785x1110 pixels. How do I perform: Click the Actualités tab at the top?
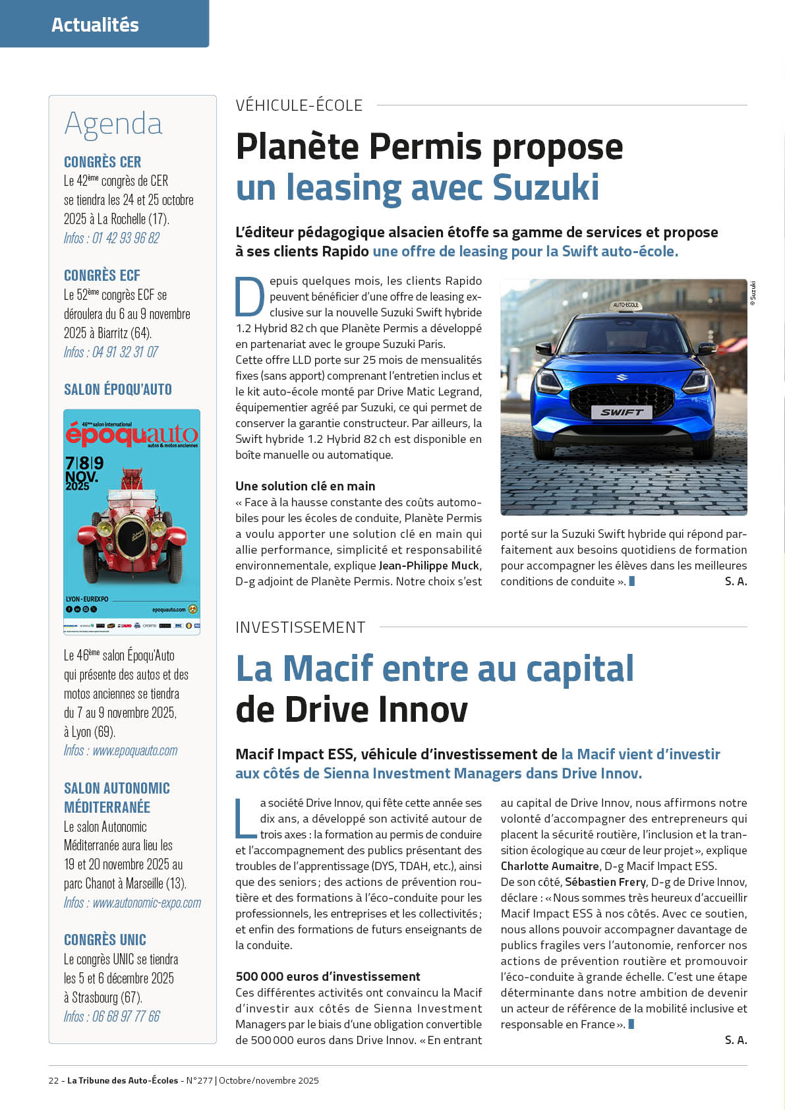click(96, 25)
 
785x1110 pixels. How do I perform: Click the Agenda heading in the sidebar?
click(113, 123)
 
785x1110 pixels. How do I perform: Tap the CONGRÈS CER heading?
click(102, 161)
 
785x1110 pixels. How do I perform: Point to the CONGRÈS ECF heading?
click(102, 276)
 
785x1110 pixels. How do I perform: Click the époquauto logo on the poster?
click(131, 434)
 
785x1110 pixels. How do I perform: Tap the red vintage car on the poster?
click(131, 527)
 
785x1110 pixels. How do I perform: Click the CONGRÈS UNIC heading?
click(105, 939)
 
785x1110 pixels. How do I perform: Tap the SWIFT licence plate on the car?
click(622, 412)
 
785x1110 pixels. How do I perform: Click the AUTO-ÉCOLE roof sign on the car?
click(625, 305)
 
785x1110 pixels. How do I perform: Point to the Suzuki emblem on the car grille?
click(622, 378)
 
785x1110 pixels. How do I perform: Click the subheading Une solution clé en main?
click(305, 486)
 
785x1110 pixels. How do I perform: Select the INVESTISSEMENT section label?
click(300, 627)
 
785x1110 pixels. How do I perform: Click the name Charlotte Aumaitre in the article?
click(550, 866)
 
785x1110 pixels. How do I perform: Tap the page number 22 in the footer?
click(53, 1080)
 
